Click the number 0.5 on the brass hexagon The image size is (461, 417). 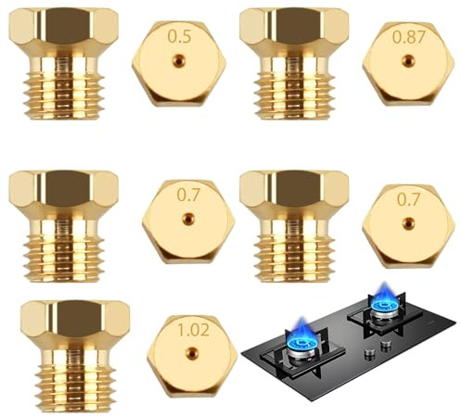tap(179, 37)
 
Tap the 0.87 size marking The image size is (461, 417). tap(407, 38)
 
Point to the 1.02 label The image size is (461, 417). tap(191, 329)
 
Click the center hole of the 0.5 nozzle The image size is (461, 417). tap(178, 60)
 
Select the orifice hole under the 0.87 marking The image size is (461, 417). tap(407, 61)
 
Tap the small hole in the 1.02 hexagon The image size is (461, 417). tap(191, 353)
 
